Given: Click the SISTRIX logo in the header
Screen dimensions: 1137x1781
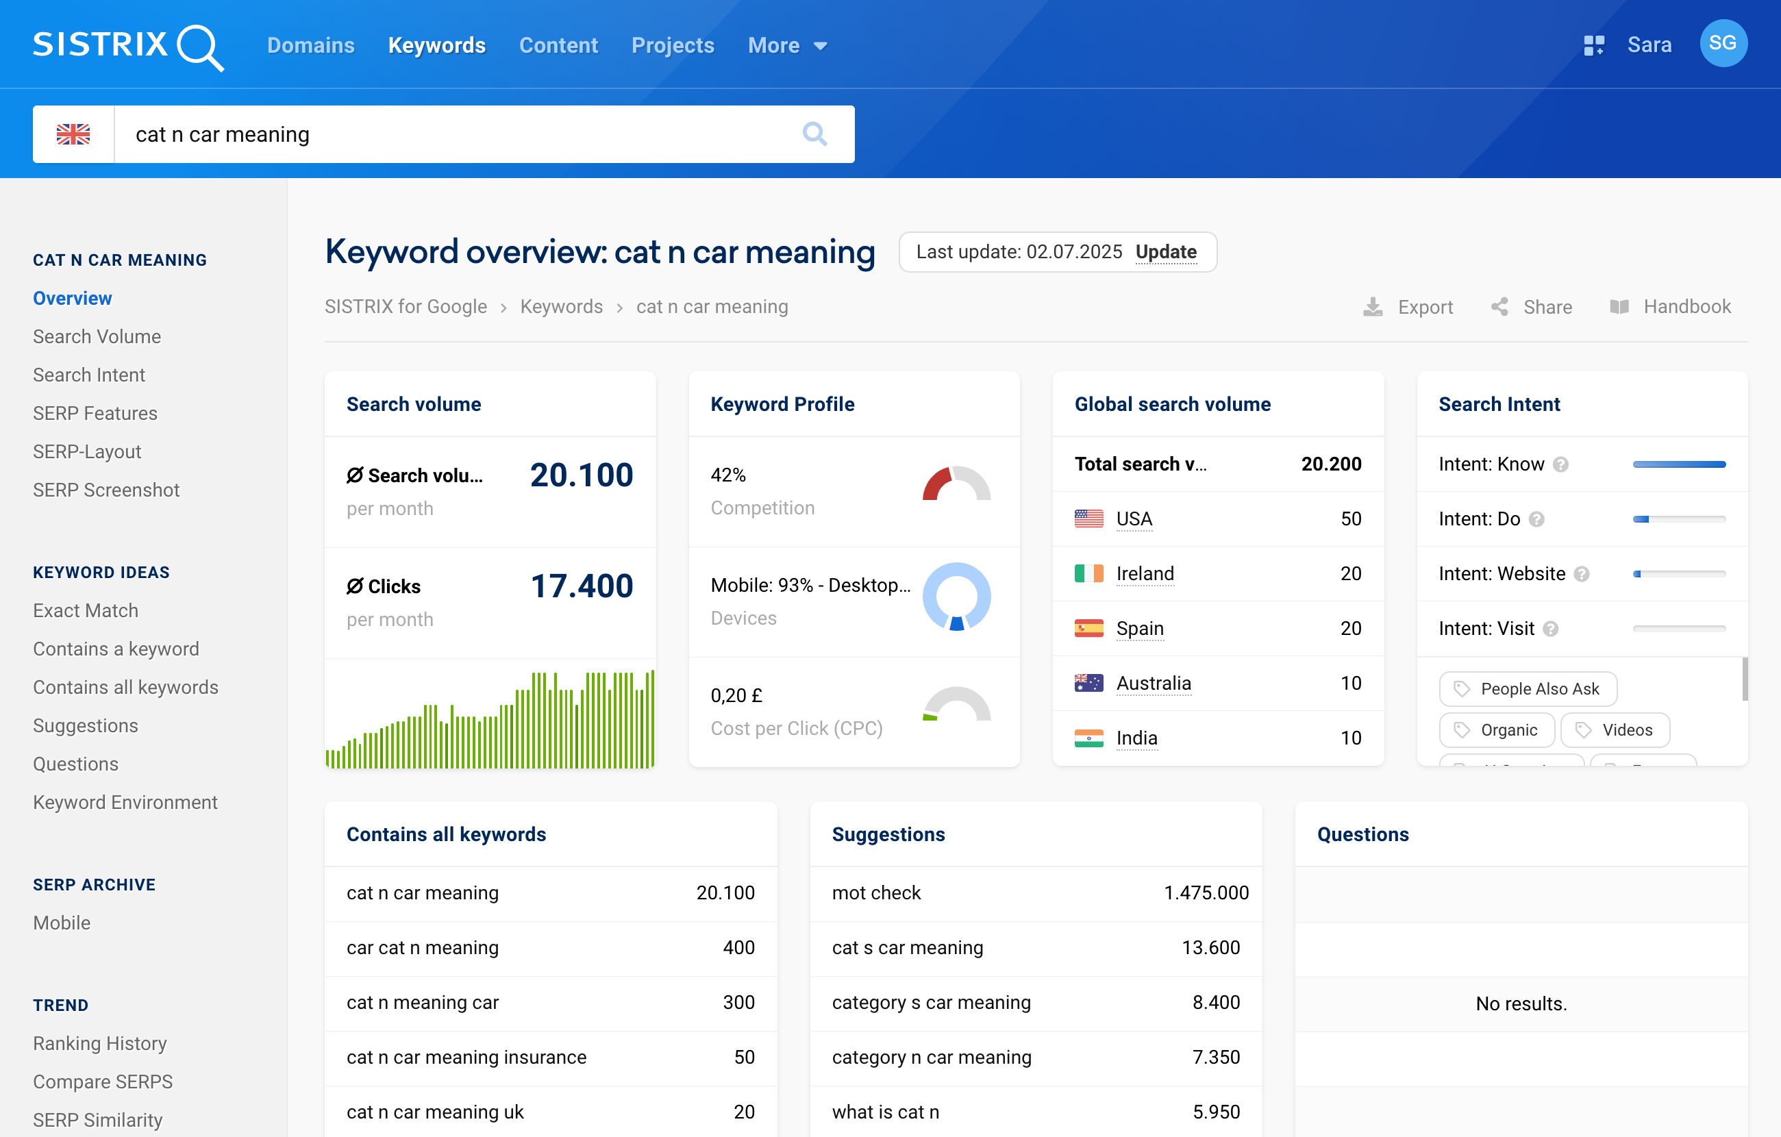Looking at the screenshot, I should pos(127,46).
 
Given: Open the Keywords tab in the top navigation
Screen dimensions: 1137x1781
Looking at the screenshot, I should pos(436,46).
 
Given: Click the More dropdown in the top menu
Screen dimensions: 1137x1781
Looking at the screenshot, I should pos(786,46).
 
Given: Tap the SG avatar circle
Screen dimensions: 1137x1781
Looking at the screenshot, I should pos(1723,44).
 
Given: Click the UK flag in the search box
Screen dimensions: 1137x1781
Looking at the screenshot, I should pos(73,134).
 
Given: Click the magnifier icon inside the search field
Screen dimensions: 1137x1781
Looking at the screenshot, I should pos(814,134).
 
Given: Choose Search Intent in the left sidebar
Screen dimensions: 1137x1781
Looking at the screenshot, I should pos(89,375).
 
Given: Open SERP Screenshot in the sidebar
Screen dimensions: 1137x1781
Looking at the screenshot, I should pos(105,490).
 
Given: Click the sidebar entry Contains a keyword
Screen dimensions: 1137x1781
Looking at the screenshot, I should pos(115,649).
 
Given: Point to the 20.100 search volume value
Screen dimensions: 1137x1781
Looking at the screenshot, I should pos(582,475).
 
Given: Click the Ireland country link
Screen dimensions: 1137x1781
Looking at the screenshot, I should pos(1144,573).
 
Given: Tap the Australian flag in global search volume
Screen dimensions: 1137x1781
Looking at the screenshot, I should pos(1088,683).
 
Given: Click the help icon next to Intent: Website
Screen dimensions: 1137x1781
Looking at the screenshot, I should pos(1581,574).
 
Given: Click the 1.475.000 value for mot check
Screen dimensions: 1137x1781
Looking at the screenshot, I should pos(1206,893).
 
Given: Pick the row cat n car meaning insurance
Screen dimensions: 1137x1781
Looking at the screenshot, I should pos(466,1057).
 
